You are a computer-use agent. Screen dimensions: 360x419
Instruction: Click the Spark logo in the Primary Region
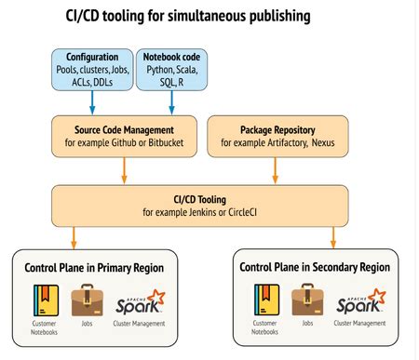pyautogui.click(x=140, y=301)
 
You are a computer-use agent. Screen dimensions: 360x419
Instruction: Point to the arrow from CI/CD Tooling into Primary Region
pyautogui.click(x=74, y=236)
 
